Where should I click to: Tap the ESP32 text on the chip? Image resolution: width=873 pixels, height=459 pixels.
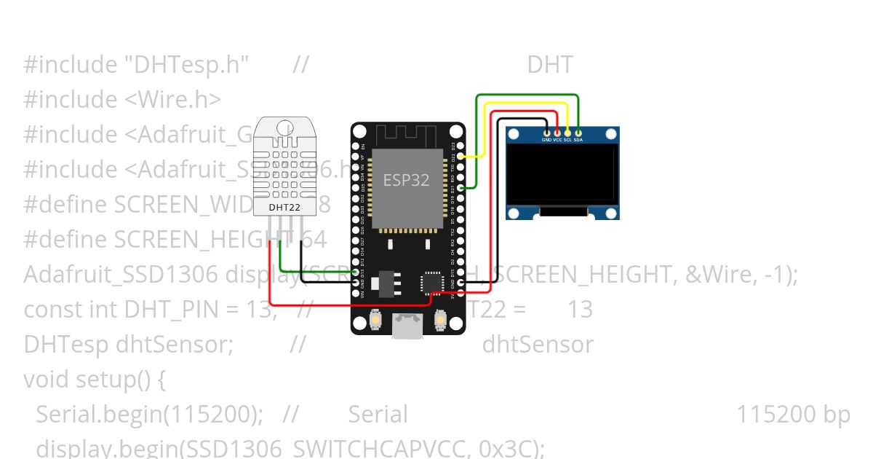point(406,180)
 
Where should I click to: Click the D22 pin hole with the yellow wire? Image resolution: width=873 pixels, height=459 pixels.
point(461,156)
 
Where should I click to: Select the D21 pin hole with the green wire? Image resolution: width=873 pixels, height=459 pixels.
point(461,188)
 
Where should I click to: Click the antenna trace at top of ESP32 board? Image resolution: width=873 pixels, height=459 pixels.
point(407,133)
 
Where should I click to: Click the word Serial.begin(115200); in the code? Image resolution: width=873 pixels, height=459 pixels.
point(149,414)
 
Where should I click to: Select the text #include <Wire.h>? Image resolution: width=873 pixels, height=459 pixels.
point(122,99)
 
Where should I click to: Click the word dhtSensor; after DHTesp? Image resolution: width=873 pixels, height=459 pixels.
point(175,344)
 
